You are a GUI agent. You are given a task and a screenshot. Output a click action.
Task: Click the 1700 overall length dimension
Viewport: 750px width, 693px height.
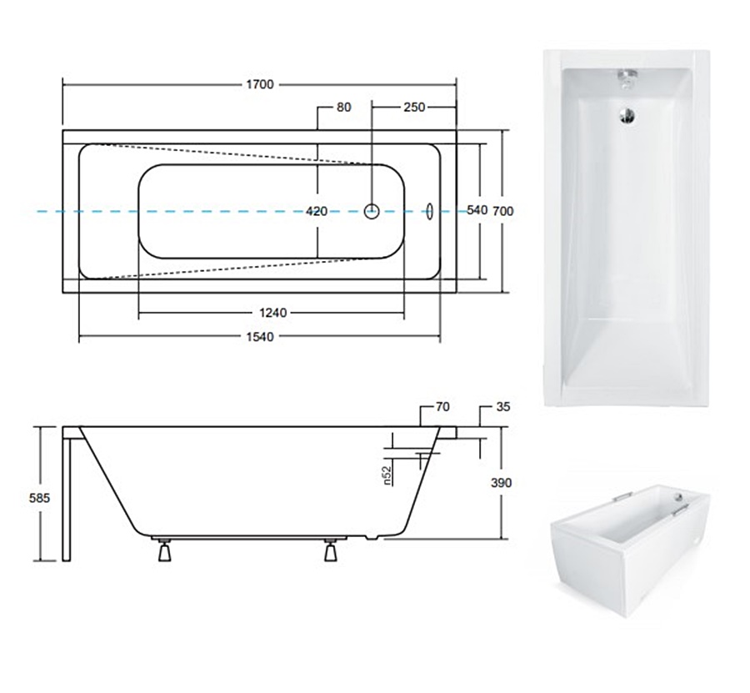point(260,85)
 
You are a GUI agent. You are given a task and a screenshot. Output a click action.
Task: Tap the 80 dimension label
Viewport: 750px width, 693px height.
point(343,108)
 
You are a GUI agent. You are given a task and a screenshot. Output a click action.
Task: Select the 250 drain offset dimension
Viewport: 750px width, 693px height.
point(414,108)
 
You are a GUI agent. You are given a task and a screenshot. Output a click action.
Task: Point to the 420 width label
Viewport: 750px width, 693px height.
point(317,211)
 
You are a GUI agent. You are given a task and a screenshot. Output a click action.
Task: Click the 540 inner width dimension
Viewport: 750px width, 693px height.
point(477,210)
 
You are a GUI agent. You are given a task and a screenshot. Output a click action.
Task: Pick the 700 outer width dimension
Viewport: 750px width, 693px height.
point(503,211)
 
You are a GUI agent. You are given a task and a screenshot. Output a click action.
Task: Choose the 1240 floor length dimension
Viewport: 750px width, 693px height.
point(272,313)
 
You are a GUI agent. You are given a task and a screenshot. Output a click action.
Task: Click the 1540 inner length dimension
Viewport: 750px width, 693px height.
point(260,337)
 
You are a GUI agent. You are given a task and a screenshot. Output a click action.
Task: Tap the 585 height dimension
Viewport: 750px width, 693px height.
point(39,498)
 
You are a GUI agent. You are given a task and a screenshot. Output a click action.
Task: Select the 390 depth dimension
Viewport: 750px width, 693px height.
point(502,483)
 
